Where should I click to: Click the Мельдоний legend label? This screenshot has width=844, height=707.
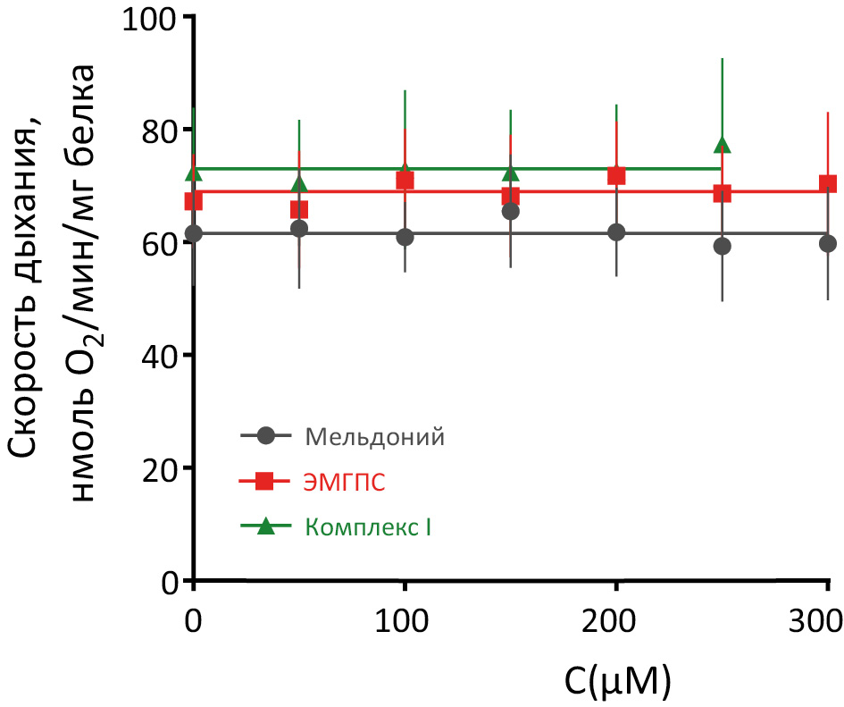374,437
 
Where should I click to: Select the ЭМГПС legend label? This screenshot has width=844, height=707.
345,483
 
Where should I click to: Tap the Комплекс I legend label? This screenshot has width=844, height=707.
368,527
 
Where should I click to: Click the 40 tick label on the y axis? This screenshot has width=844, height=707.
158,356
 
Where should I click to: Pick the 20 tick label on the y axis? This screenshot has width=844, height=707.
158,468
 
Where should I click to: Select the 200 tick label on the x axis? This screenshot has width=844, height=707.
616,621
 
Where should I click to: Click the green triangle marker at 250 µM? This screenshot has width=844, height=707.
723,146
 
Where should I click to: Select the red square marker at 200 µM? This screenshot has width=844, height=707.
616,176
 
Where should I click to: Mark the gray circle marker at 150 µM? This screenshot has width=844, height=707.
511,212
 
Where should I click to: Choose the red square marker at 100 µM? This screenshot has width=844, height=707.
405,181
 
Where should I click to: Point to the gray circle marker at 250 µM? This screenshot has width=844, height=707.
723,246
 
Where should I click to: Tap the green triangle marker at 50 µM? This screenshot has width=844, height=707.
299,185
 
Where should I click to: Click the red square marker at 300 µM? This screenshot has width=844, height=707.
828,184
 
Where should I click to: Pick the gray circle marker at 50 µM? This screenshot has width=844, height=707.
299,229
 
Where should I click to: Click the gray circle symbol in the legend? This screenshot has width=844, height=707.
264,437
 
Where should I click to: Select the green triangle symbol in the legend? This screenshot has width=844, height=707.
264,527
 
